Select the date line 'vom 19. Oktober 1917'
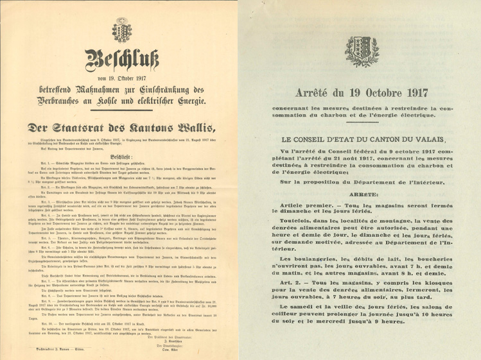click(x=121, y=78)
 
